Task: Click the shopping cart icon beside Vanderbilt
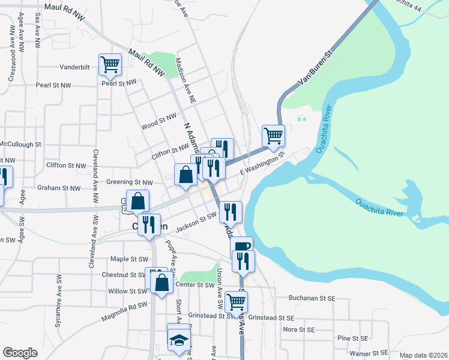pos(110,64)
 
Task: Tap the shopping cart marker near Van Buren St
pos(273,136)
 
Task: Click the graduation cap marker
pos(178,340)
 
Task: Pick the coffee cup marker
pos(241,247)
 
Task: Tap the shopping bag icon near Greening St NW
pos(185,175)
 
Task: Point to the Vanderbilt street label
pos(75,68)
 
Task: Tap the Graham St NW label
pos(59,188)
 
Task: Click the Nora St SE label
pos(298,329)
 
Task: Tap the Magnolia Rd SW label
pos(125,306)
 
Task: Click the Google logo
pos(20,353)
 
